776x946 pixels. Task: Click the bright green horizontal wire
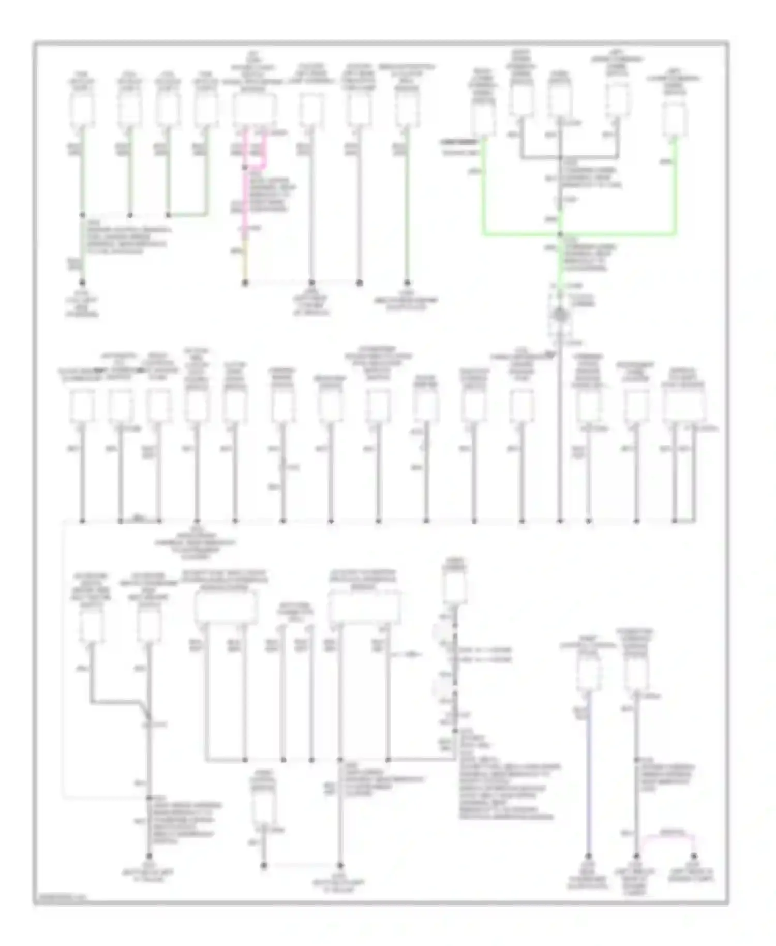pyautogui.click(x=579, y=235)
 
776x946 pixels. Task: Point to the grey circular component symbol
pyautogui.click(x=560, y=315)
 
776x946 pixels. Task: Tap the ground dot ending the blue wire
pyautogui.click(x=588, y=856)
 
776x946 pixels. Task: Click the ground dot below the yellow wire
pyautogui.click(x=245, y=283)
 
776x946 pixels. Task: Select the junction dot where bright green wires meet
pyautogui.click(x=560, y=234)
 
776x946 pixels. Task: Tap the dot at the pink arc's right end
pyautogui.click(x=693, y=856)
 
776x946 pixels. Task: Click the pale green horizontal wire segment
pyautogui.click(x=188, y=215)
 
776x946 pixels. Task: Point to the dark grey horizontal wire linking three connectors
pyautogui.click(x=569, y=157)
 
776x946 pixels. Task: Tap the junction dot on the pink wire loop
pyautogui.click(x=245, y=168)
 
